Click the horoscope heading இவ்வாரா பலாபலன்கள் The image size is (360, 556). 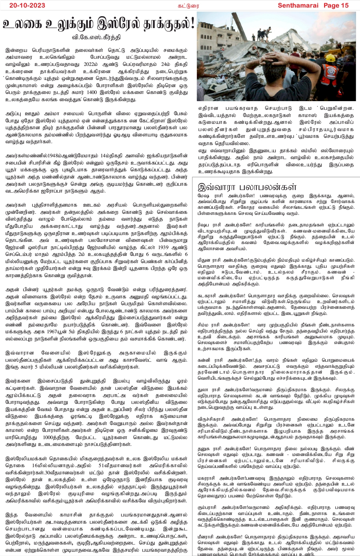(x=247, y=186)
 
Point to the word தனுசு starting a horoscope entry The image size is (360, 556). (x=205, y=449)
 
